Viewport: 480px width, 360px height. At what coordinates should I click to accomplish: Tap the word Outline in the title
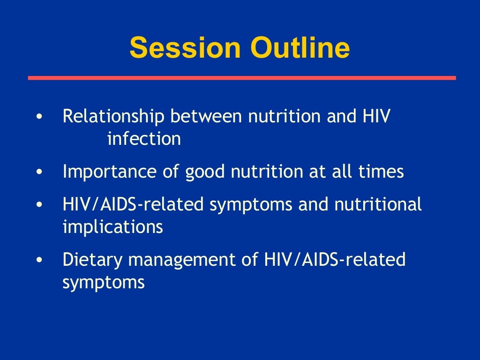click(x=300, y=48)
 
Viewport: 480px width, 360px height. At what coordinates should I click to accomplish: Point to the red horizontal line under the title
click(x=241, y=78)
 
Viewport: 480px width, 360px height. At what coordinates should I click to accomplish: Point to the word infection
click(x=144, y=139)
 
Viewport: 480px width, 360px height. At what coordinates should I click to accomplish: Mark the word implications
click(x=112, y=227)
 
